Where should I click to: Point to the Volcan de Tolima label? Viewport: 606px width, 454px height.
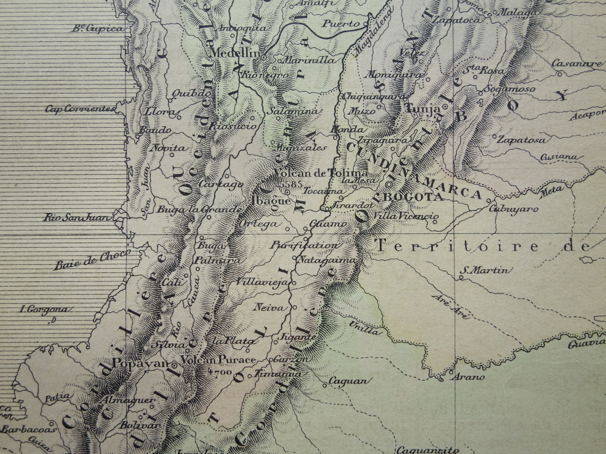point(321,173)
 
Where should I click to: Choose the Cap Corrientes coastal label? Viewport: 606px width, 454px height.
point(80,109)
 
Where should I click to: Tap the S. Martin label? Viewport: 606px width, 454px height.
point(485,271)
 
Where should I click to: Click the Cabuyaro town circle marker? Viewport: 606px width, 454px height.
point(489,201)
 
